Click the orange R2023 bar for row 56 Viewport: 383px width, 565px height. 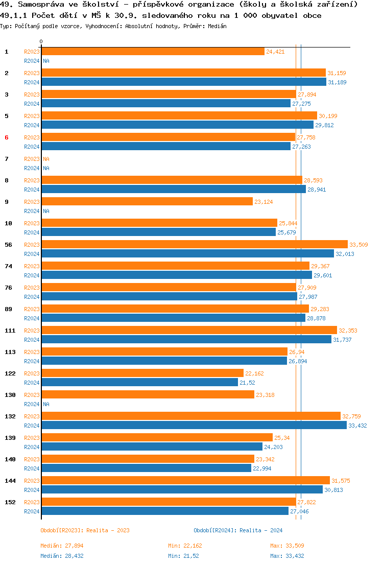(194, 244)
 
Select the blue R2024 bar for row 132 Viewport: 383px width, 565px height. (194, 425)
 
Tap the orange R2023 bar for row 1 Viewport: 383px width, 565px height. (153, 51)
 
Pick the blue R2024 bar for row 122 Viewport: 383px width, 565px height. (139, 382)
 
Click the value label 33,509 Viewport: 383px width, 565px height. (358, 245)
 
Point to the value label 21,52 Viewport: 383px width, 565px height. (247, 383)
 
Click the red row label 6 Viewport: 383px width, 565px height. (7, 137)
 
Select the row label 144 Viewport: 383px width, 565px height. (10, 481)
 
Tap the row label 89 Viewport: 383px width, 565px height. (9, 309)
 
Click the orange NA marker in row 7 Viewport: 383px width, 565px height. (46, 159)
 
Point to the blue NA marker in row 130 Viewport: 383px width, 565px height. (46, 404)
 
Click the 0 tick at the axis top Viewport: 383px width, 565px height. (41, 41)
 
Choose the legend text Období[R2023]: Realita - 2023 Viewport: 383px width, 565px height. (85, 530)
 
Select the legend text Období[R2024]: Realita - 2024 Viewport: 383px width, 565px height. (238, 530)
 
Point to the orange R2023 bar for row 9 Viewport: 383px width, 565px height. (147, 201)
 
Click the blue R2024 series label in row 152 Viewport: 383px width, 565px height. (32, 511)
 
